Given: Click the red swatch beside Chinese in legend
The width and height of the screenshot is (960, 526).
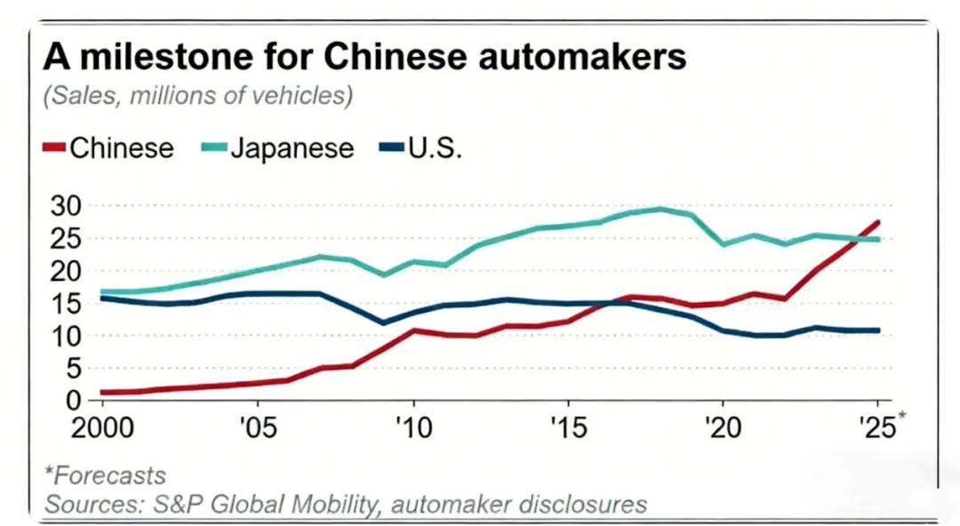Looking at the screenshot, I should pyautogui.click(x=54, y=147).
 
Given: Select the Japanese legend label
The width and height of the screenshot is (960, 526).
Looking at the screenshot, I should pyautogui.click(x=292, y=147).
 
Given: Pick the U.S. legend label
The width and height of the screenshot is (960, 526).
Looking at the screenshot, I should pyautogui.click(x=435, y=147).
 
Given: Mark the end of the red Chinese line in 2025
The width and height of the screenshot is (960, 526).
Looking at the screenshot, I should pyautogui.click(x=878, y=222).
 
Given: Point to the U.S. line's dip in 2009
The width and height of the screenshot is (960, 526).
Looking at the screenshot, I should pyautogui.click(x=383, y=323).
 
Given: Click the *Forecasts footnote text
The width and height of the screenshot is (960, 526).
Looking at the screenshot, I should pyautogui.click(x=105, y=476).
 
